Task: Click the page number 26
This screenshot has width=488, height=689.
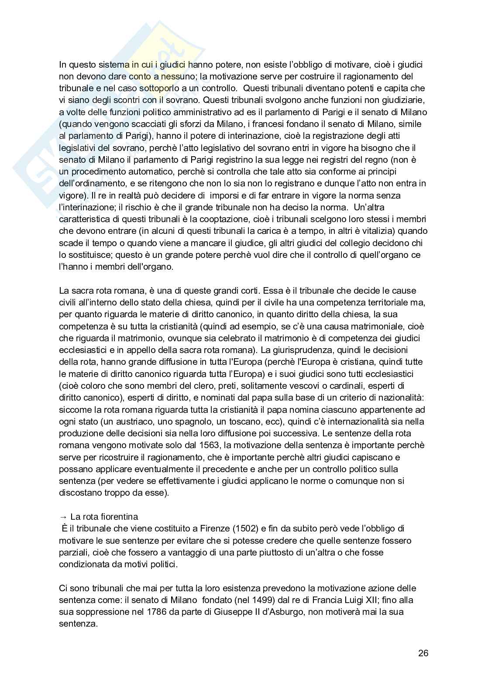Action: pos(423,653)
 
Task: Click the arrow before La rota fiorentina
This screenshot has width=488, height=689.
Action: pos(63,517)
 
